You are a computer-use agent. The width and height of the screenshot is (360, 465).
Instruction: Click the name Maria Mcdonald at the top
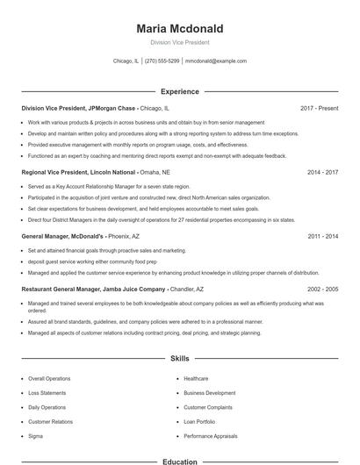pyautogui.click(x=179, y=28)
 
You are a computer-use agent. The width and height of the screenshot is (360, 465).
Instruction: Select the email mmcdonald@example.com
pyautogui.click(x=216, y=61)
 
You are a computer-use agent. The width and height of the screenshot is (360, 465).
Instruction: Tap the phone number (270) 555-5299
pyautogui.click(x=162, y=61)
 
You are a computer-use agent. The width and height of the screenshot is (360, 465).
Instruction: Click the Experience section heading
pyautogui.click(x=179, y=91)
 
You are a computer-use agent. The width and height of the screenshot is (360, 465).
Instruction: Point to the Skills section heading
pyautogui.click(x=179, y=359)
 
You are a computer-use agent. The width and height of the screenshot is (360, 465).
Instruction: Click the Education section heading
pyautogui.click(x=179, y=461)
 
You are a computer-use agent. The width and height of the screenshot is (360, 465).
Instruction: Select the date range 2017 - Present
pyautogui.click(x=319, y=108)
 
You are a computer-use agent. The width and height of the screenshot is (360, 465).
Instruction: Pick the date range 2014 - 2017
pyautogui.click(x=322, y=173)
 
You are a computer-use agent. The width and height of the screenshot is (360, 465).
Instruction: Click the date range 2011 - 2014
pyautogui.click(x=322, y=237)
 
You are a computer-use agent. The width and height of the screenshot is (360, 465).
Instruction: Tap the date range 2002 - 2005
pyautogui.click(x=322, y=289)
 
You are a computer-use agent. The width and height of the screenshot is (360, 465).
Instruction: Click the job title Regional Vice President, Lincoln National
pyautogui.click(x=78, y=173)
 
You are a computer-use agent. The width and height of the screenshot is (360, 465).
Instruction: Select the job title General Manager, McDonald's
pyautogui.click(x=63, y=237)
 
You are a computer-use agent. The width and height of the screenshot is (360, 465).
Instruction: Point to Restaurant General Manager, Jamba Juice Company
pyautogui.click(x=93, y=289)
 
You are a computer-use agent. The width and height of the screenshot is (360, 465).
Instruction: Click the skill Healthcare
pyautogui.click(x=196, y=378)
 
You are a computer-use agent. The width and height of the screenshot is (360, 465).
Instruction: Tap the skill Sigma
pyautogui.click(x=35, y=435)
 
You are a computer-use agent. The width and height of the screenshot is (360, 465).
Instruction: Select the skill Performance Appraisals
pyautogui.click(x=212, y=435)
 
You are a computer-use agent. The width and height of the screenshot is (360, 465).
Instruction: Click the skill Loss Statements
pyautogui.click(x=47, y=392)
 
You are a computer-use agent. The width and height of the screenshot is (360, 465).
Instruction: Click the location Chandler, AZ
pyautogui.click(x=187, y=289)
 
